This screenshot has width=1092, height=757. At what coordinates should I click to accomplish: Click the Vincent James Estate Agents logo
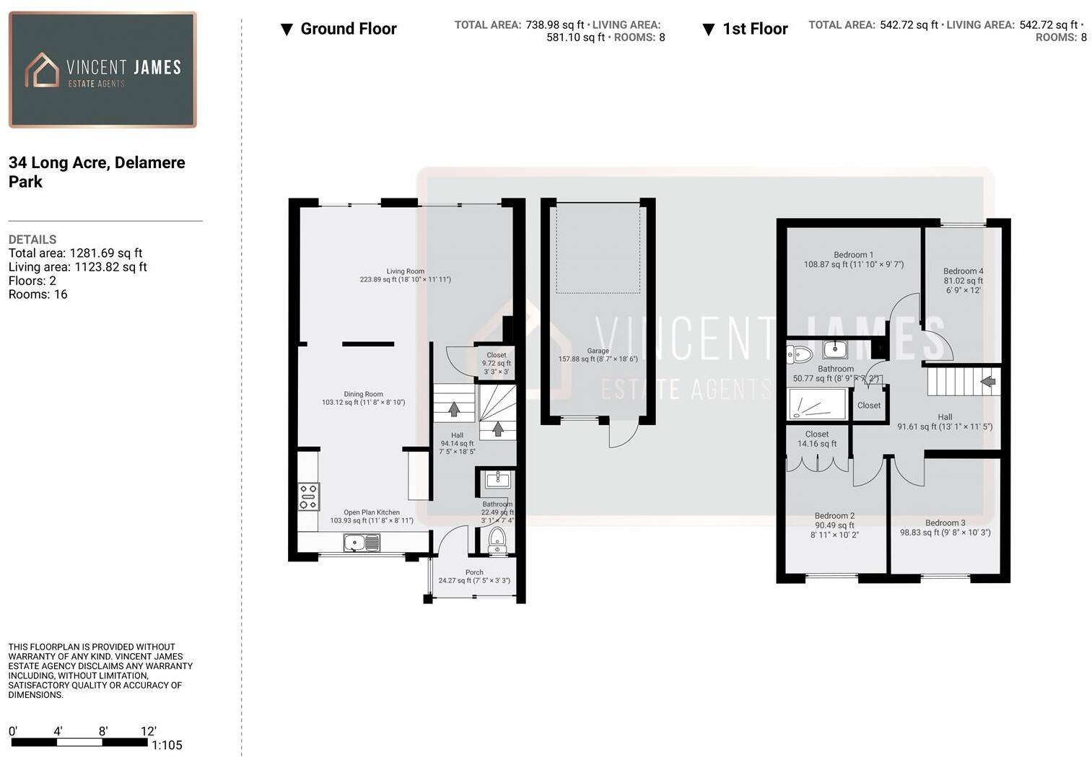[x=102, y=70]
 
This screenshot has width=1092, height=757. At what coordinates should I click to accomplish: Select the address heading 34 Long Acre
[x=97, y=172]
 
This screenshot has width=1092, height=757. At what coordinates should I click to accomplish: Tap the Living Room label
[x=405, y=276]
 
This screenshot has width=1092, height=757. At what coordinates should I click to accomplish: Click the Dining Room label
[x=363, y=398]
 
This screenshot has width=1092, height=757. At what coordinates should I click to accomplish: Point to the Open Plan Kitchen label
[x=372, y=516]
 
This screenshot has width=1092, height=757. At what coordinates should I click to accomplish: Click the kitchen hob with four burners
[x=308, y=497]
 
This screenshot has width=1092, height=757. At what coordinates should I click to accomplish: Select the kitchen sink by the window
[x=362, y=543]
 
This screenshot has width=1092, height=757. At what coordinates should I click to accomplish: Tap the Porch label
[x=474, y=576]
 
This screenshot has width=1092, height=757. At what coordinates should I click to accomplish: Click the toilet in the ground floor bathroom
[x=497, y=539]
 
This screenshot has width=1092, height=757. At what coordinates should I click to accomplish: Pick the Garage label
[x=598, y=355]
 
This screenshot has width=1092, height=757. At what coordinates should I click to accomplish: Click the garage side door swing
[x=624, y=433]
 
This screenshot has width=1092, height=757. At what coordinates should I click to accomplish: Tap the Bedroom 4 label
[x=963, y=281]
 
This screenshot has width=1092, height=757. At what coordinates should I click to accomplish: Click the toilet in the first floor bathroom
[x=799, y=354]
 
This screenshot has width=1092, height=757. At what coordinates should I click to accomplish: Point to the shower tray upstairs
[x=818, y=404]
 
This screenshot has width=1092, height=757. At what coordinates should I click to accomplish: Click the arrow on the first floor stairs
[x=987, y=380]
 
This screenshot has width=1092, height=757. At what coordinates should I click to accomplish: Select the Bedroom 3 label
[x=945, y=528]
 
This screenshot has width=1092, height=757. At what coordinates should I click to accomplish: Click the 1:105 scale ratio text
[x=167, y=745]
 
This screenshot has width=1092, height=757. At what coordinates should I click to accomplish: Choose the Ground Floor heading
[x=348, y=29]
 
